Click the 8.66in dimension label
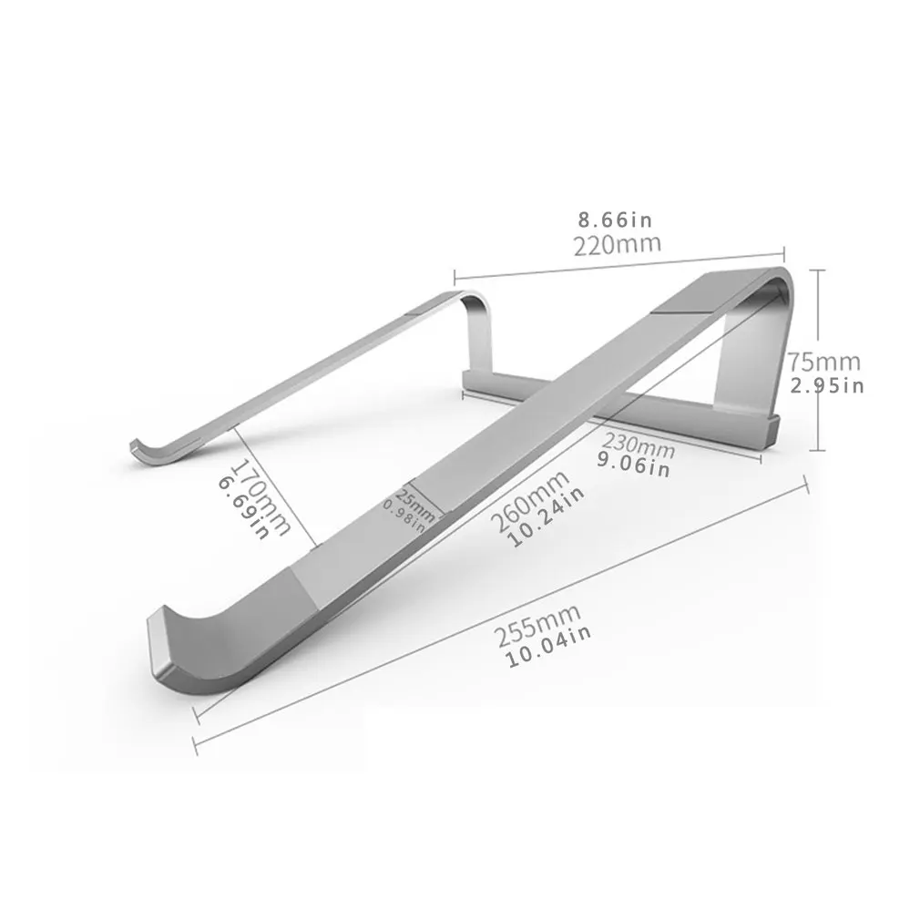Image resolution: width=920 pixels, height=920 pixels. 616,220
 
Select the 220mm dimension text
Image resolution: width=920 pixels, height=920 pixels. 617,244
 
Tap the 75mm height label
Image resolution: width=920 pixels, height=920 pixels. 824,362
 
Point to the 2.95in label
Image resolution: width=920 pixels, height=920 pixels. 827,385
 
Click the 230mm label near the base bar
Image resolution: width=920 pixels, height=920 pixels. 638,446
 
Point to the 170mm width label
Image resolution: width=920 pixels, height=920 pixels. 261,495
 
